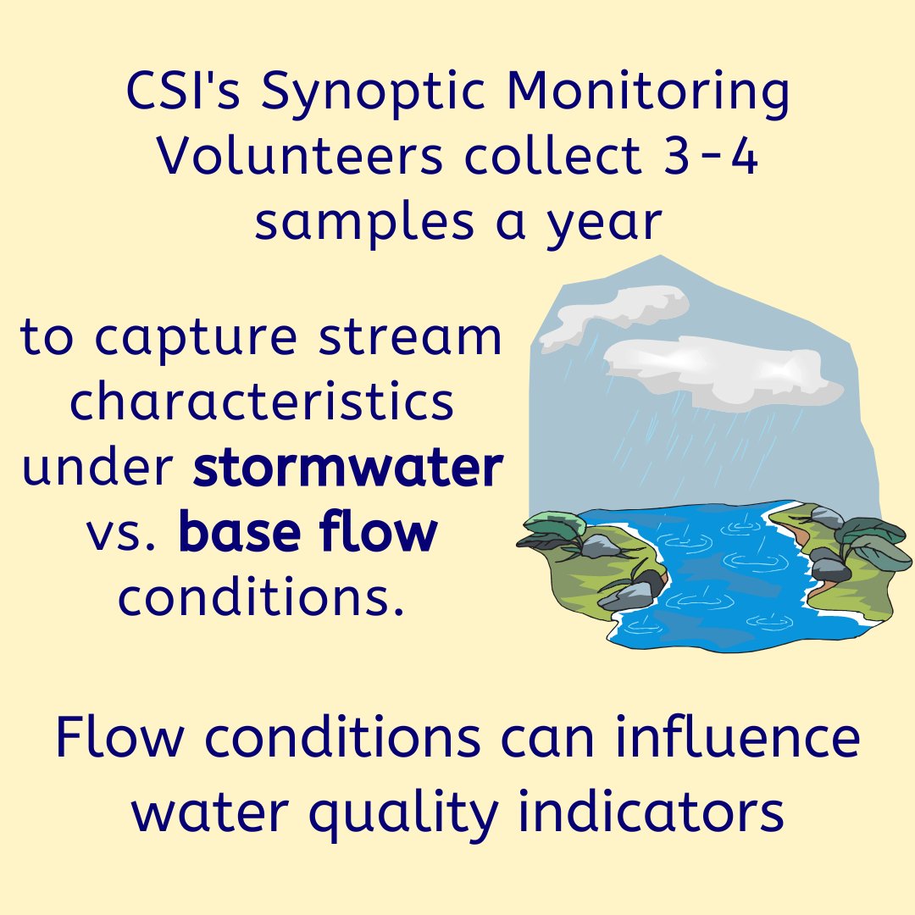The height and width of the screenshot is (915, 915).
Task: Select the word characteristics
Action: (262, 402)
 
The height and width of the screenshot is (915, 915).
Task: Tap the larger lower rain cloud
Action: (720, 369)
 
